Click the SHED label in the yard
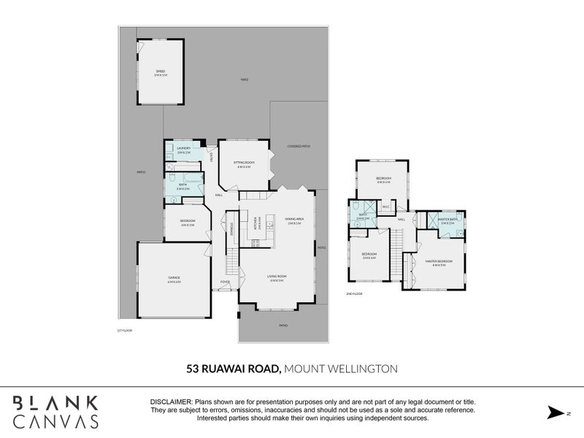tap(160, 72)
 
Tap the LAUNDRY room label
tap(183, 148)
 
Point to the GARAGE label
tap(173, 277)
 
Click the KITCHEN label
tap(255, 221)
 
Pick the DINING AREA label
tap(295, 218)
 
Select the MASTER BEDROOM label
tap(439, 261)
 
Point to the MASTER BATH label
tap(447, 219)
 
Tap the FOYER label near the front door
tap(225, 282)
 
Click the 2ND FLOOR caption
tap(355, 293)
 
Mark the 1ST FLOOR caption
tap(125, 330)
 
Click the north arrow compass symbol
tap(556, 412)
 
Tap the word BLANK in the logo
tap(55, 402)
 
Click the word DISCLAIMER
tap(170, 402)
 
